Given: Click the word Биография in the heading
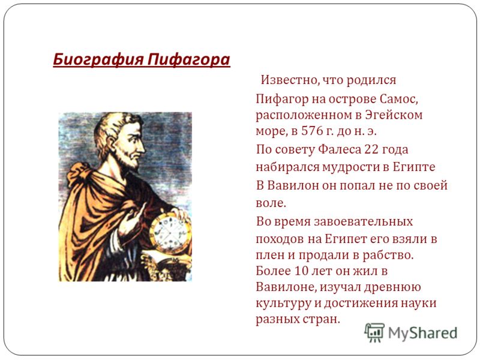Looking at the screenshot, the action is pos(98,59).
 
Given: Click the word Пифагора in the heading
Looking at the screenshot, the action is pos(188,59).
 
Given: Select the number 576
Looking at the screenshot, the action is pos(312,131).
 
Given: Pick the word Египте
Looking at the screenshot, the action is pos(414,167).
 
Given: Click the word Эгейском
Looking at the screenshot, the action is pos(394,115).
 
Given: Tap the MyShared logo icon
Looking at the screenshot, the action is pos(374,332).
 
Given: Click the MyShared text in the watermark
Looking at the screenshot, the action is pos(423,333).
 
